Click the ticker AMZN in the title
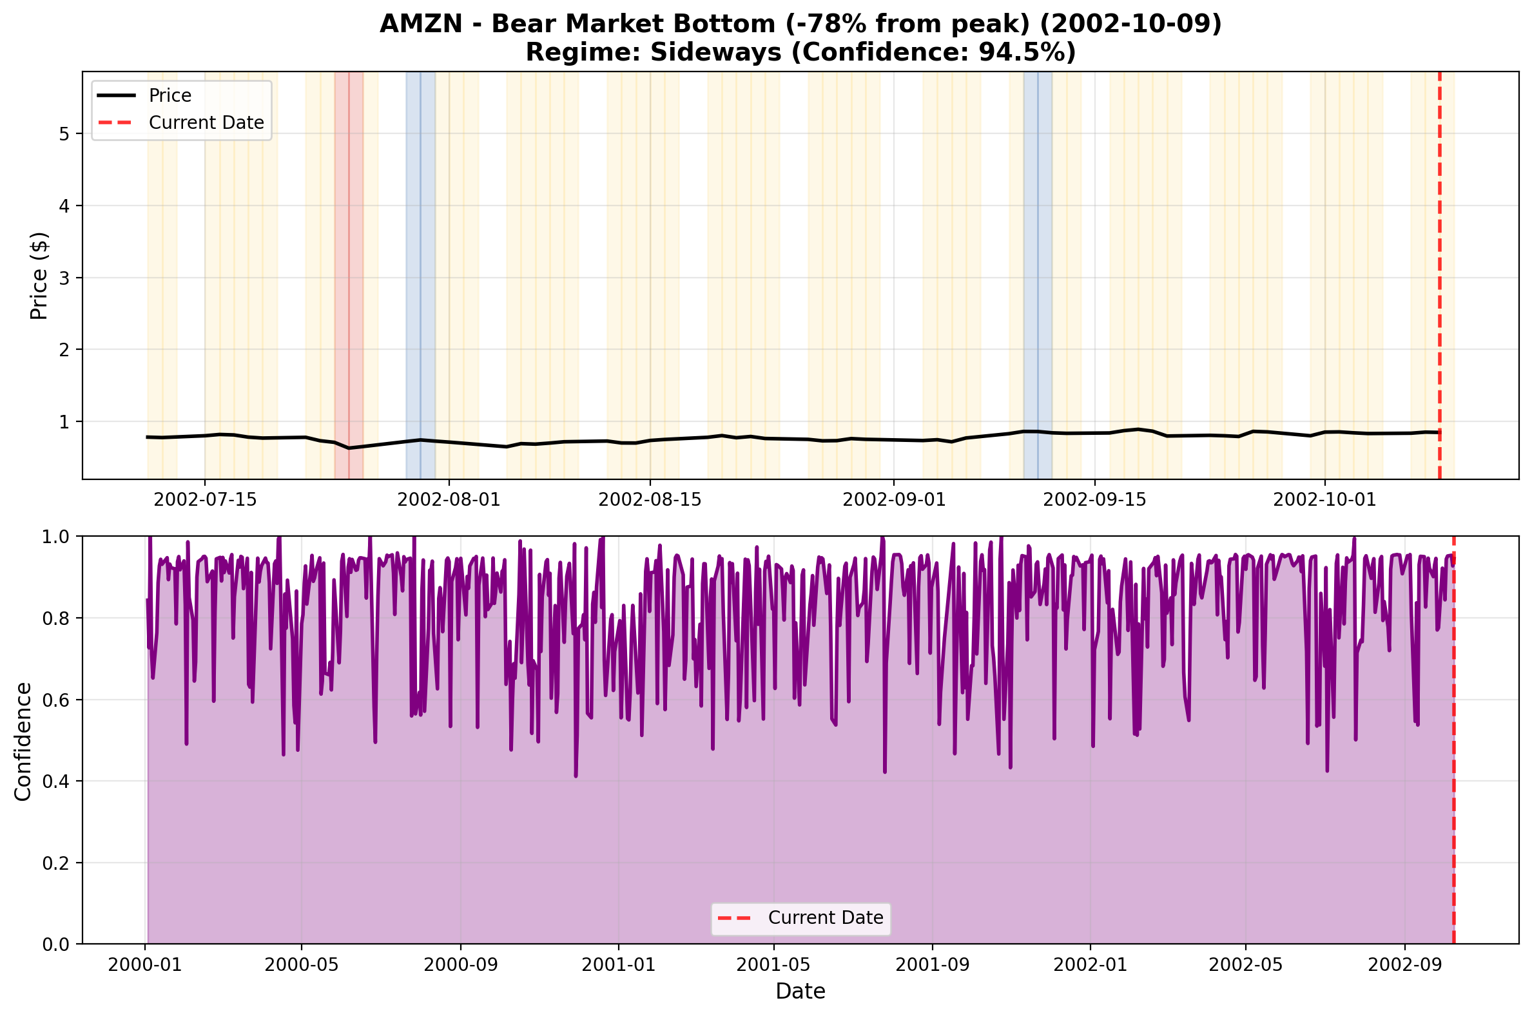click(x=421, y=24)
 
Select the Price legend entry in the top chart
click(x=170, y=96)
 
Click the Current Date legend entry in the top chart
click(x=206, y=123)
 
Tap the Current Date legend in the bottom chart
click(x=825, y=918)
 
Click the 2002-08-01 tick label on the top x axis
click(x=449, y=500)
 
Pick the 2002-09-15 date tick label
click(x=1094, y=500)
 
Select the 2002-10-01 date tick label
click(x=1324, y=500)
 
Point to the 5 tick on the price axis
click(x=64, y=134)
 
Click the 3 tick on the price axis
click(x=64, y=278)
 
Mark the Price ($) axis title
click(x=39, y=276)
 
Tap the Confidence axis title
click(x=23, y=742)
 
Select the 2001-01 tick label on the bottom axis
click(x=618, y=965)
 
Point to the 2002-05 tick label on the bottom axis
click(x=1245, y=965)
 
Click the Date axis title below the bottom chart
click(x=800, y=992)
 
